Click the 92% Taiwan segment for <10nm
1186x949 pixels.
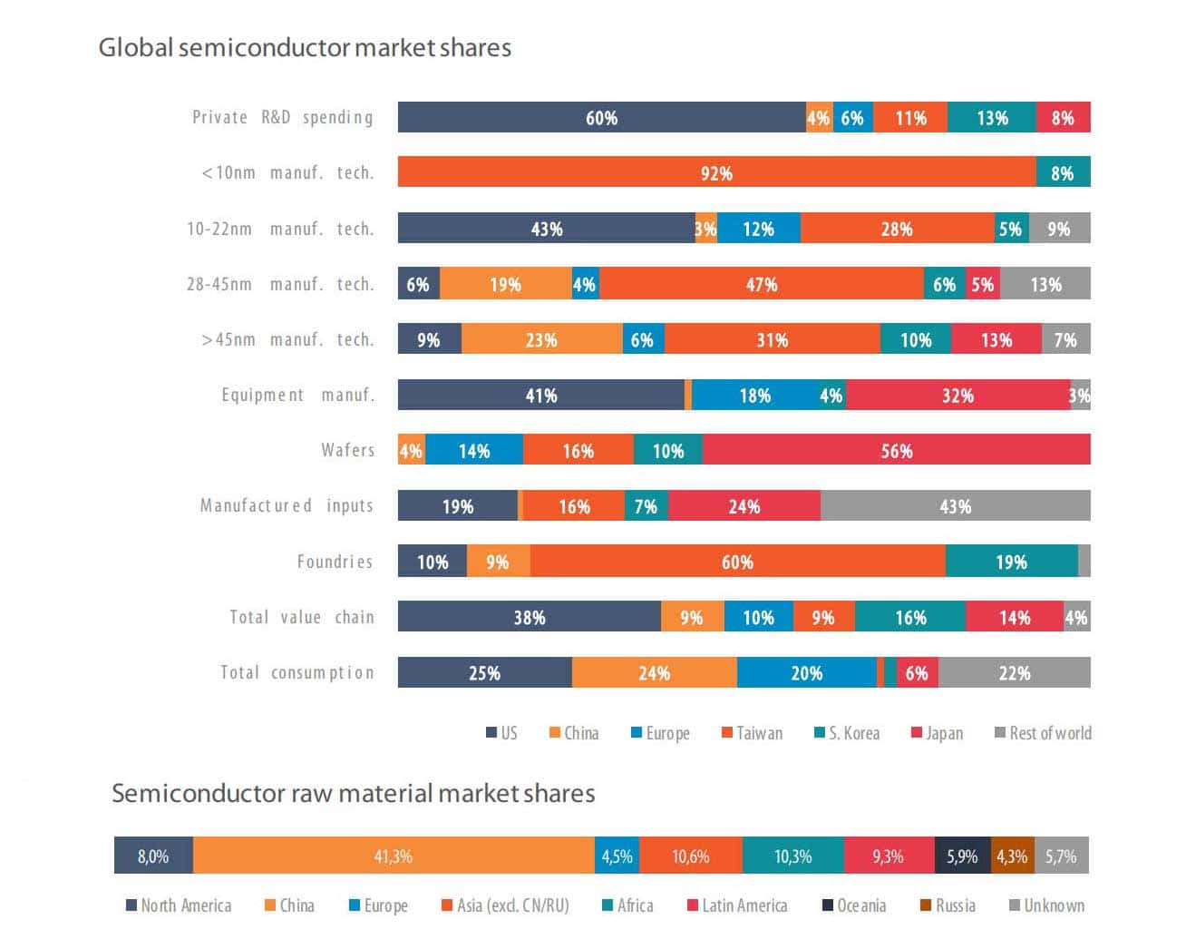click(716, 172)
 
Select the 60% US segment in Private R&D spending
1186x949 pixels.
click(601, 118)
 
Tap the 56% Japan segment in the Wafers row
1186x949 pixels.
click(896, 451)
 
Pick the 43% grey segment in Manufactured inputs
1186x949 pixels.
click(955, 506)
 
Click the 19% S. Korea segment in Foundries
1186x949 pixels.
click(1011, 562)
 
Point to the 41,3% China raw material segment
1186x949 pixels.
click(394, 856)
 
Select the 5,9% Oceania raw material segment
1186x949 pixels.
click(962, 856)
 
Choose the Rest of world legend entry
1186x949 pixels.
click(1043, 733)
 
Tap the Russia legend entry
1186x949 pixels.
click(948, 905)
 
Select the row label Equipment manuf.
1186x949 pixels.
click(297, 395)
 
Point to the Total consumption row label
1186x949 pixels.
click(296, 672)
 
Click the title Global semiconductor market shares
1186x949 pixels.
click(305, 47)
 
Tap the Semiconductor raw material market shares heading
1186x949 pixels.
click(353, 793)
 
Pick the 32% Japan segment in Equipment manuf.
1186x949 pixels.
click(958, 396)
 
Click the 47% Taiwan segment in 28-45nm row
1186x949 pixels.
click(762, 284)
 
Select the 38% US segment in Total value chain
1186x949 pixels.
click(530, 618)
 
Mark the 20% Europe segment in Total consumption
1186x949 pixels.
click(806, 673)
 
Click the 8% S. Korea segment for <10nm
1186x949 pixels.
click(1063, 172)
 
